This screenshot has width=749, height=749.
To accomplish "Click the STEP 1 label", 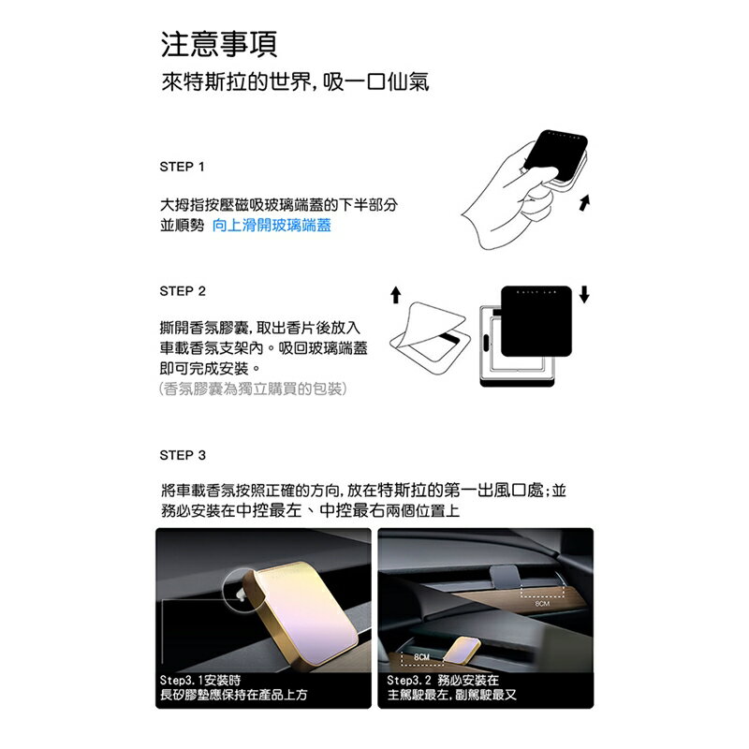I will pyautogui.click(x=184, y=167).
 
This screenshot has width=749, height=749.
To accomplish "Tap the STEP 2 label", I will pyautogui.click(x=184, y=291).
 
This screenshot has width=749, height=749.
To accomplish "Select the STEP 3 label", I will pyautogui.click(x=184, y=455).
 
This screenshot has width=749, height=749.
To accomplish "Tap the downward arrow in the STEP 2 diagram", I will pyautogui.click(x=585, y=294).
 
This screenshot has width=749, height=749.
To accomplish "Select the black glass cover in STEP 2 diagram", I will pyautogui.click(x=536, y=320).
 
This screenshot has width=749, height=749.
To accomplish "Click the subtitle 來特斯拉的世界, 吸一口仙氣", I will pyautogui.click(x=295, y=82).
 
